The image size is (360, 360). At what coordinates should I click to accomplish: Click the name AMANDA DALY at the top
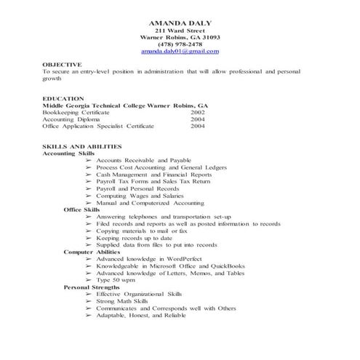tap(180, 24)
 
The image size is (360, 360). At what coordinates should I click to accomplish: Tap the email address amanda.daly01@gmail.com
tap(180, 52)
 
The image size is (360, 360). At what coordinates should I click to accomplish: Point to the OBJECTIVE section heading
tap(62, 65)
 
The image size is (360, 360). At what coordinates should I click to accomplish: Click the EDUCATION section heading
tap(63, 98)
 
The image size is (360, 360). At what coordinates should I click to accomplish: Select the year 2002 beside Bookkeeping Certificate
tap(198, 113)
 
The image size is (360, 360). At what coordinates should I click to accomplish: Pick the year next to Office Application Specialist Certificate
tap(198, 126)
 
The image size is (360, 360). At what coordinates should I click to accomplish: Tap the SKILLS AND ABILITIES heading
tap(82, 147)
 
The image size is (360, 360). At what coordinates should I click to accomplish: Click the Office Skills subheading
tap(81, 209)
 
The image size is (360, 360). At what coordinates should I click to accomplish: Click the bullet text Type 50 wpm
tap(116, 280)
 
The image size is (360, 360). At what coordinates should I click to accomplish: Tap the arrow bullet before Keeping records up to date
tap(89, 238)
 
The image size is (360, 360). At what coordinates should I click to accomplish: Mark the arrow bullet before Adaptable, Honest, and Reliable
tap(89, 315)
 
